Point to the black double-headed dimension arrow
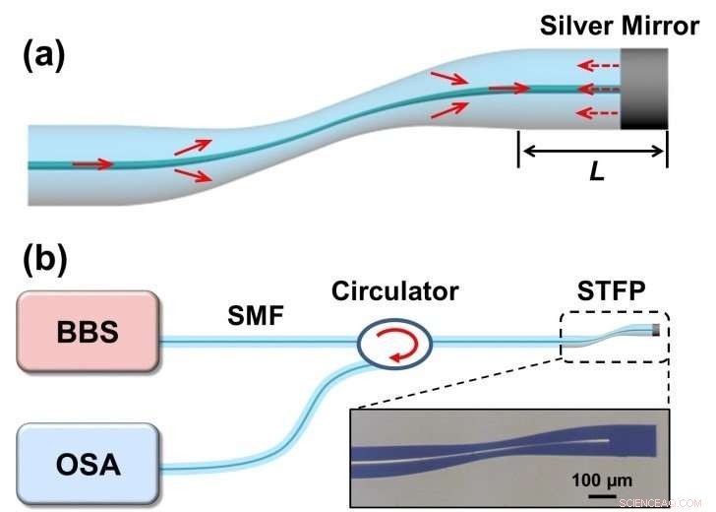click(592, 151)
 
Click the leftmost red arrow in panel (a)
click(91, 163)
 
